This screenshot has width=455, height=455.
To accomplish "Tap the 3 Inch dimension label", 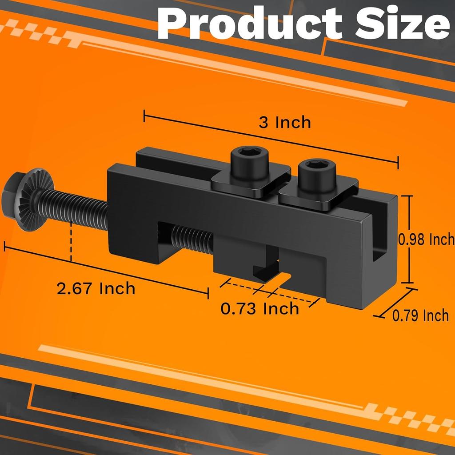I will click(x=284, y=122).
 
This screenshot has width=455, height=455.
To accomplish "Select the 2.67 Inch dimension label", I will click(x=96, y=288).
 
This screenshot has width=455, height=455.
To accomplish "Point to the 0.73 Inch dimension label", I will click(x=260, y=308).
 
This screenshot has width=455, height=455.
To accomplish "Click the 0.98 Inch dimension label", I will click(x=426, y=239).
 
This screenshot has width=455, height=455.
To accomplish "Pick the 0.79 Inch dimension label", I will click(x=420, y=316).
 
